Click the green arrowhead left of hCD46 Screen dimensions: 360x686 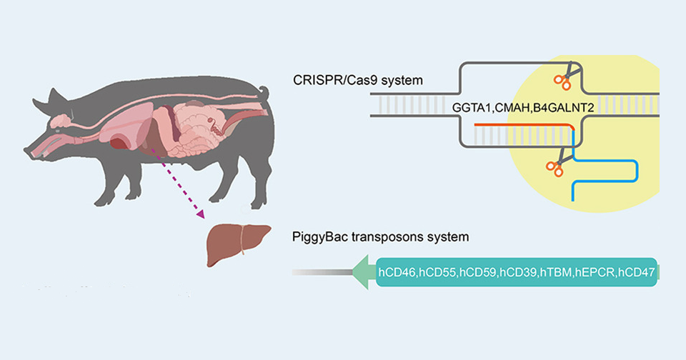(364, 273)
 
